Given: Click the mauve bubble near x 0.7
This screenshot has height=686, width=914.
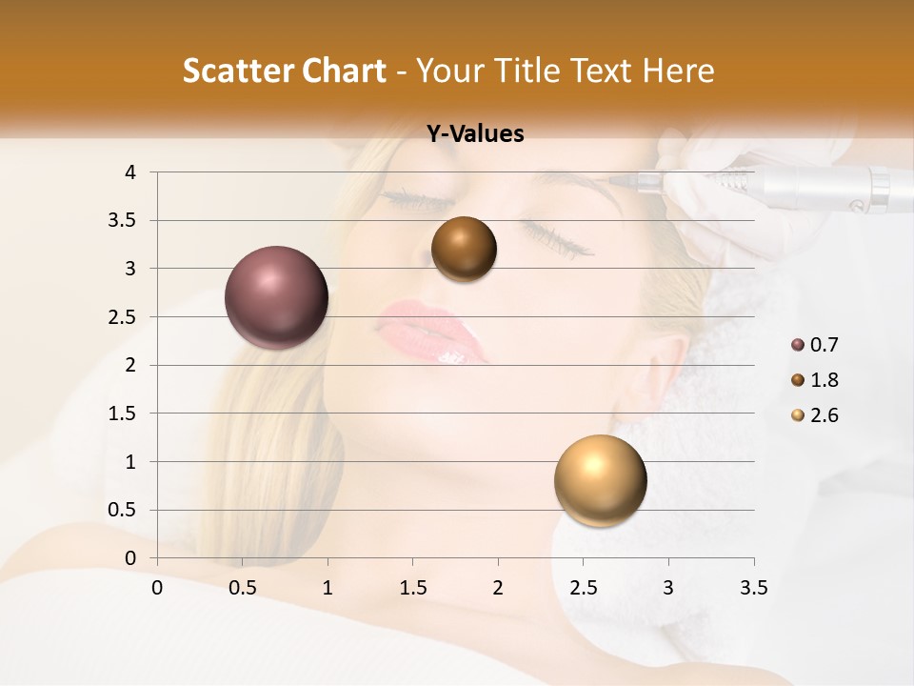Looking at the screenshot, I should (277, 297).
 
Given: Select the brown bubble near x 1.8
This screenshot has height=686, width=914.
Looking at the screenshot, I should (464, 249).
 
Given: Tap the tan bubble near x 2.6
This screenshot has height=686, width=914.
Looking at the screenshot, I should (600, 480).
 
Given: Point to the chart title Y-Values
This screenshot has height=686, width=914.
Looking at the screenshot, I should (475, 134).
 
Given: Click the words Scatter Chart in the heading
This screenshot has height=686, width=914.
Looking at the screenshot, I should (285, 71).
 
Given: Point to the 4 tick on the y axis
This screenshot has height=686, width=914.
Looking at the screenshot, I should (131, 172).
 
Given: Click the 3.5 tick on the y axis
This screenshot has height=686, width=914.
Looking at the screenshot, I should (124, 220).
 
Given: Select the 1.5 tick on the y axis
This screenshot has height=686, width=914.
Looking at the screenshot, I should (124, 414).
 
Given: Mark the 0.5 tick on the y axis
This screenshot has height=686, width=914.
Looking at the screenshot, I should (124, 510).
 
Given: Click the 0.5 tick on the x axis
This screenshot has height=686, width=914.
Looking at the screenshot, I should (243, 588).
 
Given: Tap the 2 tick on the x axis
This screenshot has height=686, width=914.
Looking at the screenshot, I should (498, 588).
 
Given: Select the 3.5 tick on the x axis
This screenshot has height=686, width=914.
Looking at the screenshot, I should (754, 588).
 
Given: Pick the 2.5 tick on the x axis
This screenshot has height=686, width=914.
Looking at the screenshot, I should (584, 588).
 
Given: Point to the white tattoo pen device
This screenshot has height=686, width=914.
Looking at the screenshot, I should (809, 186).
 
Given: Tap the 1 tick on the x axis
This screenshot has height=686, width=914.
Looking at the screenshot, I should (328, 588).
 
